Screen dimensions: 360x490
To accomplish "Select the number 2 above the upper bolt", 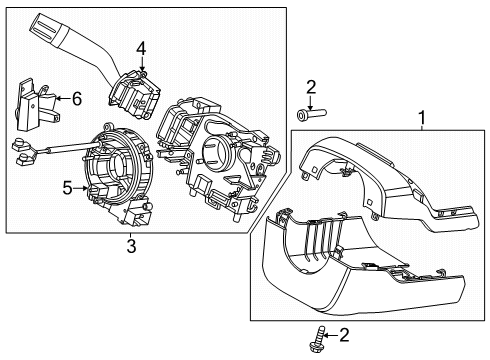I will coord(310,87).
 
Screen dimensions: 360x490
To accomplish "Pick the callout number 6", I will coord(75,97).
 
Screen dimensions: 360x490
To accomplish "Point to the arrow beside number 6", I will coord(58,98).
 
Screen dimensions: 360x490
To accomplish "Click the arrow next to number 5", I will coord(82,186).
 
